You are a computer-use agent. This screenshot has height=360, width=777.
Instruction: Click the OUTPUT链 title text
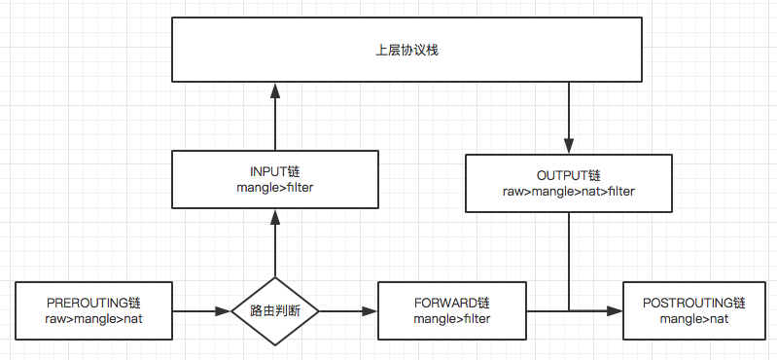click(x=568, y=176)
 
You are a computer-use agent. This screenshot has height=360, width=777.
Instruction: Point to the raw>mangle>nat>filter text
click(x=568, y=192)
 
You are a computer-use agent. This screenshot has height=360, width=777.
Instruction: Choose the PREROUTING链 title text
click(x=94, y=303)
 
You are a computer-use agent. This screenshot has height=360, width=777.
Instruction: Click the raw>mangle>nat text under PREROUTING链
click(x=94, y=318)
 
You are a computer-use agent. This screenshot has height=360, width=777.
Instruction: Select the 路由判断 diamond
click(x=275, y=311)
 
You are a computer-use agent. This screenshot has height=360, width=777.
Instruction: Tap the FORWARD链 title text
click(x=451, y=303)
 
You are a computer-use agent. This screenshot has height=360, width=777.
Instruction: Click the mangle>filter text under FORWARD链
click(x=451, y=318)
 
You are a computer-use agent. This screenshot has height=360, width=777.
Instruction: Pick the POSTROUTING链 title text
click(x=694, y=303)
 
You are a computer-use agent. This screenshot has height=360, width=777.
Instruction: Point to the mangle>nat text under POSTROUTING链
click(x=694, y=318)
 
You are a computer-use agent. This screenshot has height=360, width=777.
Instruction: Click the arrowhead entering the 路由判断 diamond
click(x=225, y=311)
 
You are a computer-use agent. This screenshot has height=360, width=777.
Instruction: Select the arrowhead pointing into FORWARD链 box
click(x=371, y=311)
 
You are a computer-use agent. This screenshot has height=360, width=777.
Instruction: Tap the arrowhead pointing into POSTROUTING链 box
click(x=616, y=311)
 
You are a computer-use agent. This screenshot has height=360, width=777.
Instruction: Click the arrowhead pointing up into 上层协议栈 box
click(x=275, y=90)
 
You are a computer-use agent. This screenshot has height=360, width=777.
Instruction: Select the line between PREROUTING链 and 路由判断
click(x=199, y=311)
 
